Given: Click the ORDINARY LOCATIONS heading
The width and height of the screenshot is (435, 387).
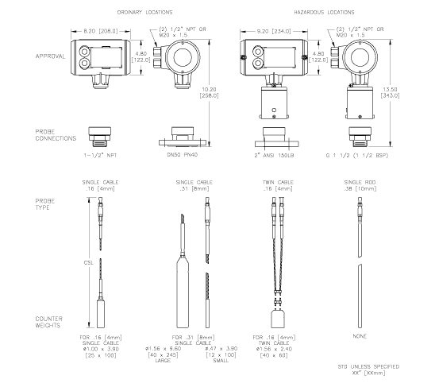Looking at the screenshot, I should [x=144, y=14].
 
